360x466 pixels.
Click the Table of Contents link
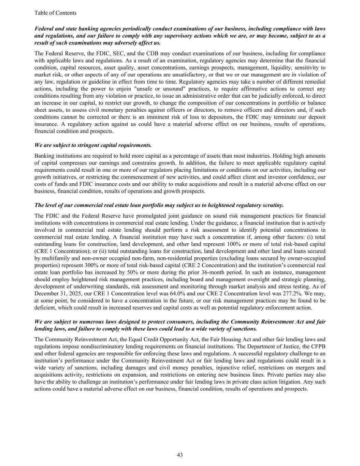coord(55,13)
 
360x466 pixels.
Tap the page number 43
coord(180,455)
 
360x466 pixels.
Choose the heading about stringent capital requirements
coord(93,145)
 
